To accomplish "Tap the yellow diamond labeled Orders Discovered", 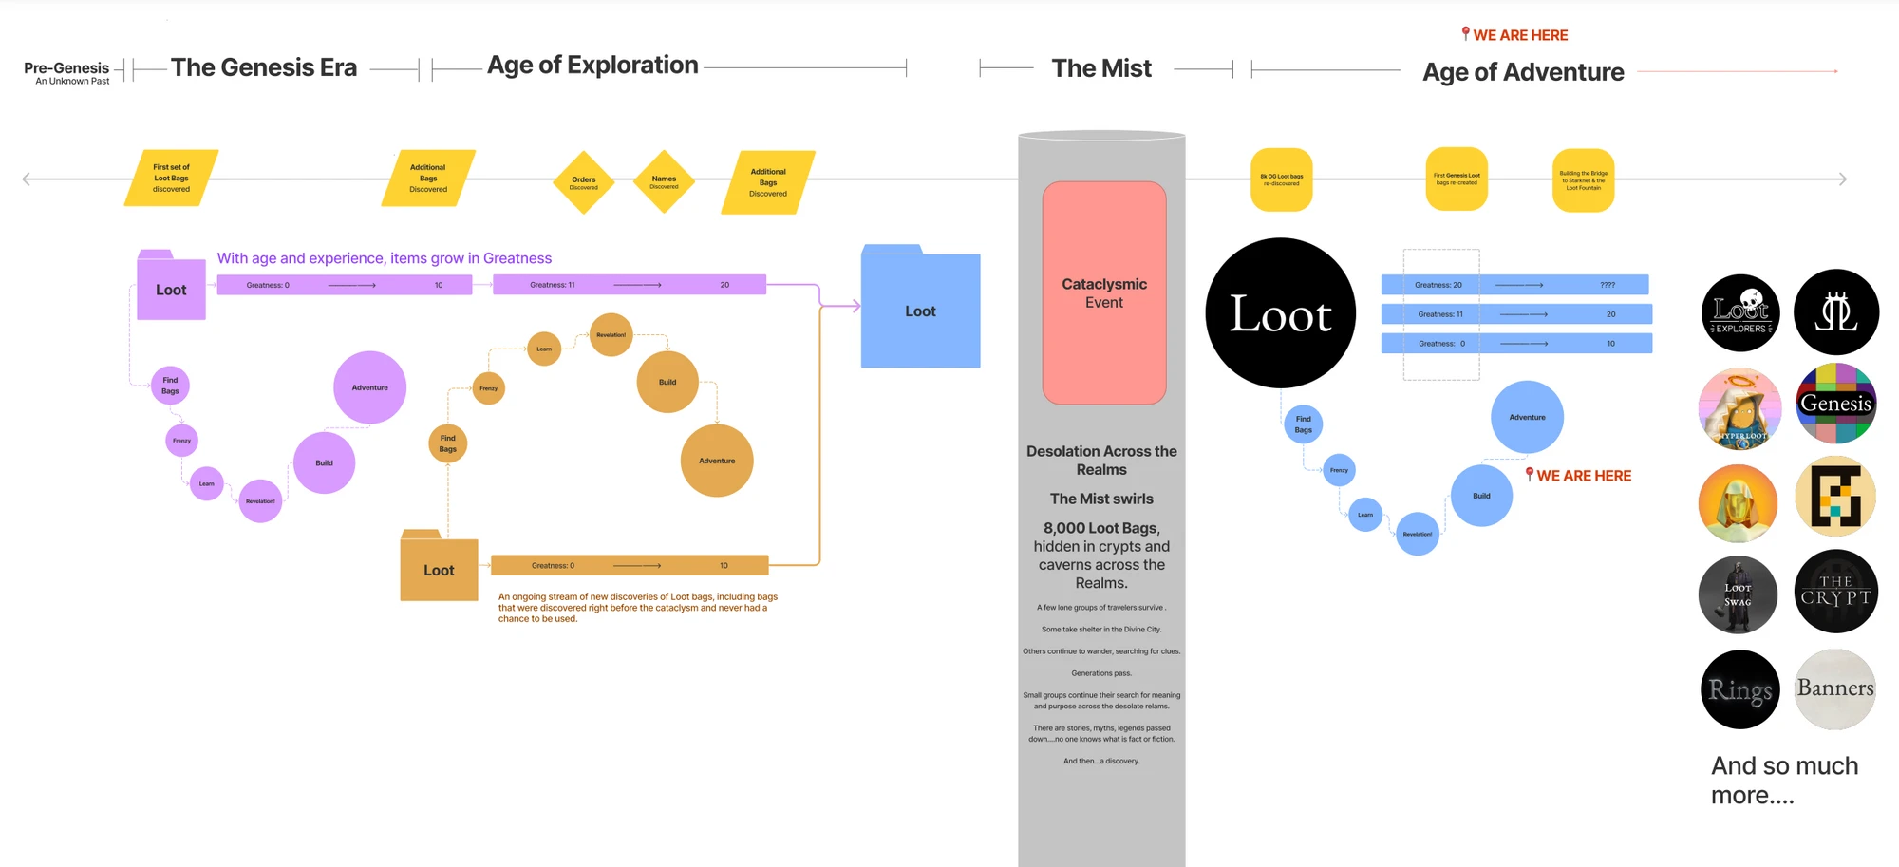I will pos(583,181).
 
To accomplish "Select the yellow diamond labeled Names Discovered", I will pos(664,181).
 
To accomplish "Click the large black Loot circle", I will pos(1280,312).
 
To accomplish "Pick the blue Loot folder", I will pos(920,310).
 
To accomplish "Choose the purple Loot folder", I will pos(171,289).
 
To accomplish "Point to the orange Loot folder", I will pos(439,569).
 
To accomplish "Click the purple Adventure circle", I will pos(369,387).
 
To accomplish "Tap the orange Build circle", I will pos(667,382).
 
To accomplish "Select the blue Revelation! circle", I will pos(1417,534).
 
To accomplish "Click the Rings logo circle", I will pos(1739,689).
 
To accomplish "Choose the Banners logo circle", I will pos(1835,688).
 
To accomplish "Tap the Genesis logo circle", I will pos(1835,404).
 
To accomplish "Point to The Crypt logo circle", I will pos(1835,591).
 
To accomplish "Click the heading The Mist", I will pos(1101,68).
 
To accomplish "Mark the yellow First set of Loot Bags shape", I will pos(171,178).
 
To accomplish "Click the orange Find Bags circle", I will pos(447,443).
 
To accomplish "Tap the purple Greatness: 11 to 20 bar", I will pos(629,285).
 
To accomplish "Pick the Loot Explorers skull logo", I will pos(1740,311).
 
